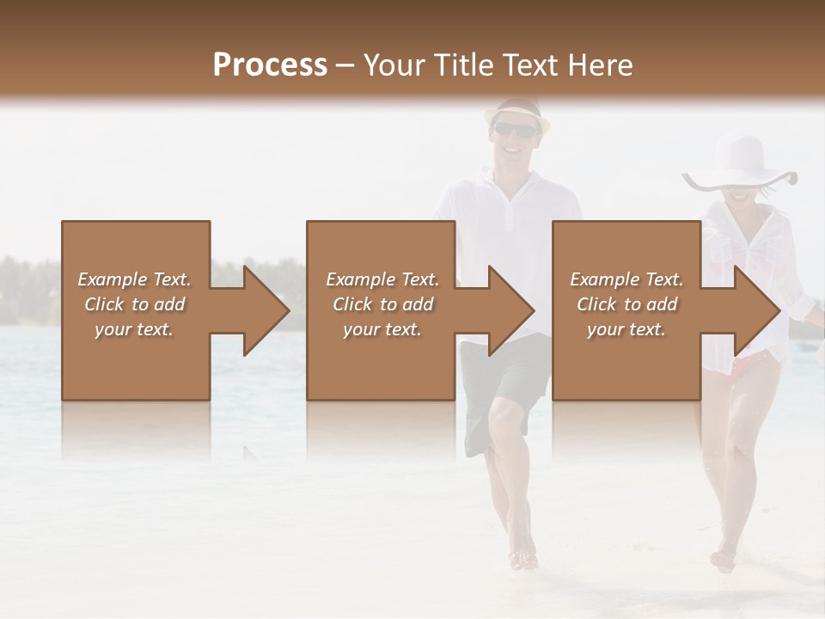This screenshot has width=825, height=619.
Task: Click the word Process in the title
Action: point(270,64)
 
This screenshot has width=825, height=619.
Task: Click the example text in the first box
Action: point(134,303)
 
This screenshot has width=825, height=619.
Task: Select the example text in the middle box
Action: point(382,303)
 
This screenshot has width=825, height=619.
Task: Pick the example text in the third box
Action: point(626,303)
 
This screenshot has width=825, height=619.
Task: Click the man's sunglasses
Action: point(515,130)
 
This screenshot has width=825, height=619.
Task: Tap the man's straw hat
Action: point(516,110)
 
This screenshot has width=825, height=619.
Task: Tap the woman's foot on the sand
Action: point(724,561)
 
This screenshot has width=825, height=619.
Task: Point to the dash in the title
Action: point(345,65)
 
